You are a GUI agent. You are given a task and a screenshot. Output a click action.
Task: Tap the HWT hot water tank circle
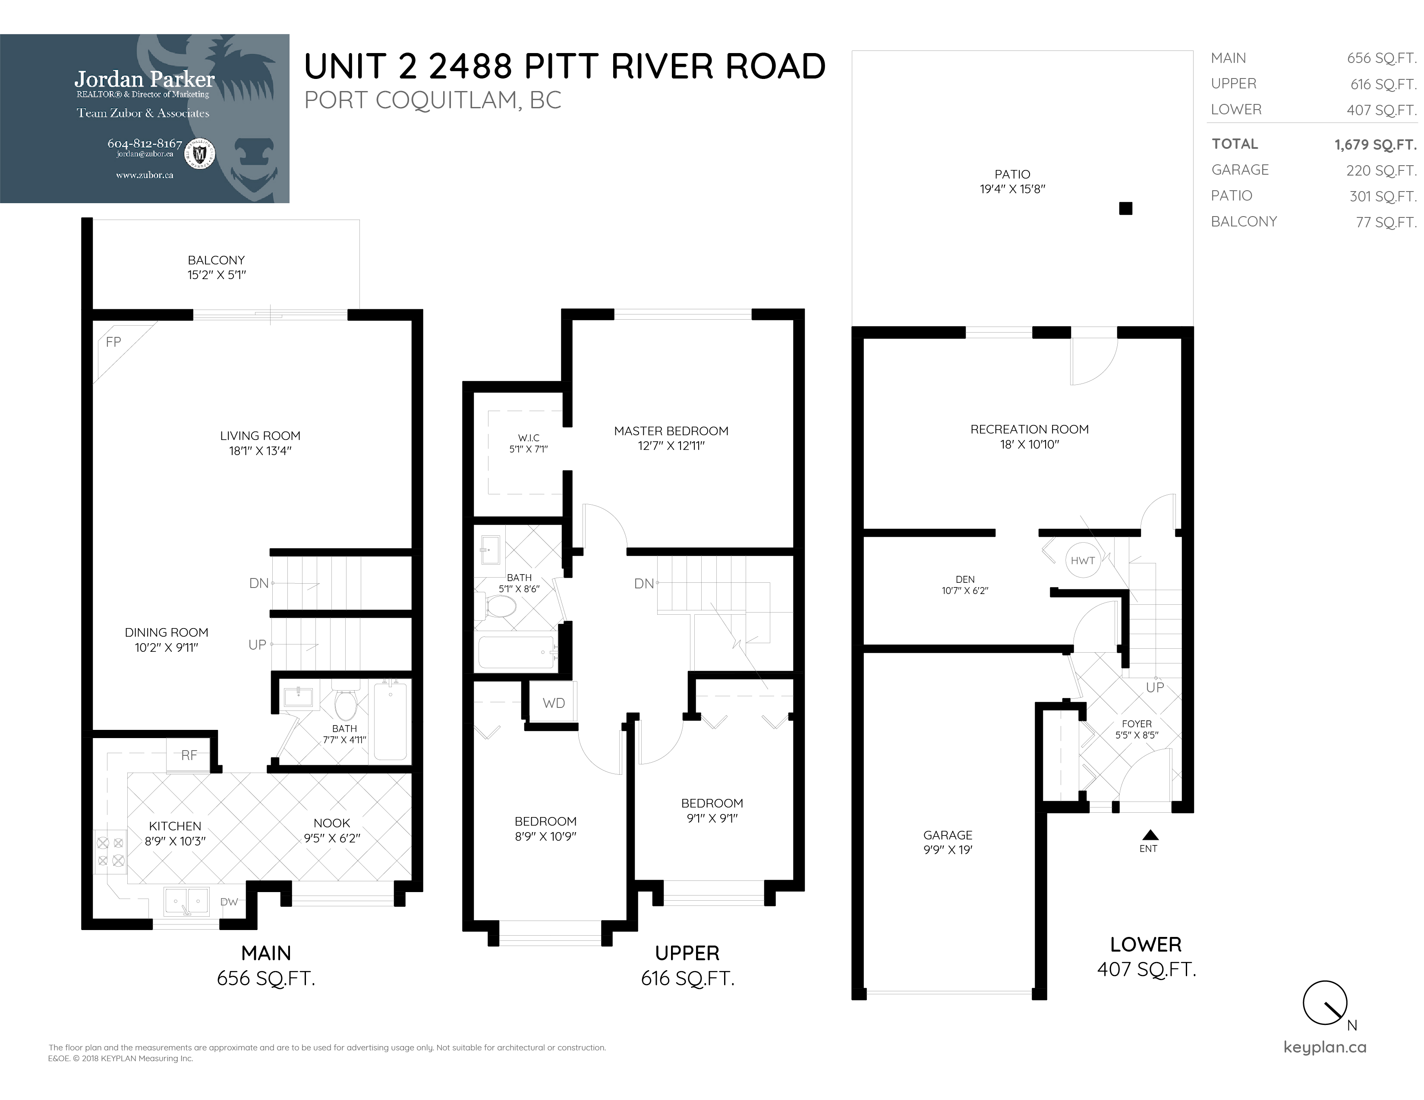(x=1082, y=560)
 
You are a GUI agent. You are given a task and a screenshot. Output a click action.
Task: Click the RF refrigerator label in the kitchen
(x=189, y=756)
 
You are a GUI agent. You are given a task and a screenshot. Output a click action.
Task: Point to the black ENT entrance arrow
(x=1150, y=835)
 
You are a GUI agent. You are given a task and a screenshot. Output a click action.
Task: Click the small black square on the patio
(x=1125, y=208)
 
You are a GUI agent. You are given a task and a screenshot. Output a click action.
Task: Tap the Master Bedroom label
(x=671, y=431)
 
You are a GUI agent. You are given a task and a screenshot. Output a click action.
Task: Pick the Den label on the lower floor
(x=965, y=579)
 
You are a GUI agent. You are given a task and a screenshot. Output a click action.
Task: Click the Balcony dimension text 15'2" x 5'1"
(x=217, y=275)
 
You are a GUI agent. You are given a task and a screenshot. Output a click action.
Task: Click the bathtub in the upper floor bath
(x=517, y=652)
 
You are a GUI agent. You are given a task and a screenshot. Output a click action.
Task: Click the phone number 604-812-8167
(x=145, y=143)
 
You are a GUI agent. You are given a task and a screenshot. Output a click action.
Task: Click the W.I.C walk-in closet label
(x=528, y=438)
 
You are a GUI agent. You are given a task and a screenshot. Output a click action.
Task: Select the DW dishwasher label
(x=229, y=902)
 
